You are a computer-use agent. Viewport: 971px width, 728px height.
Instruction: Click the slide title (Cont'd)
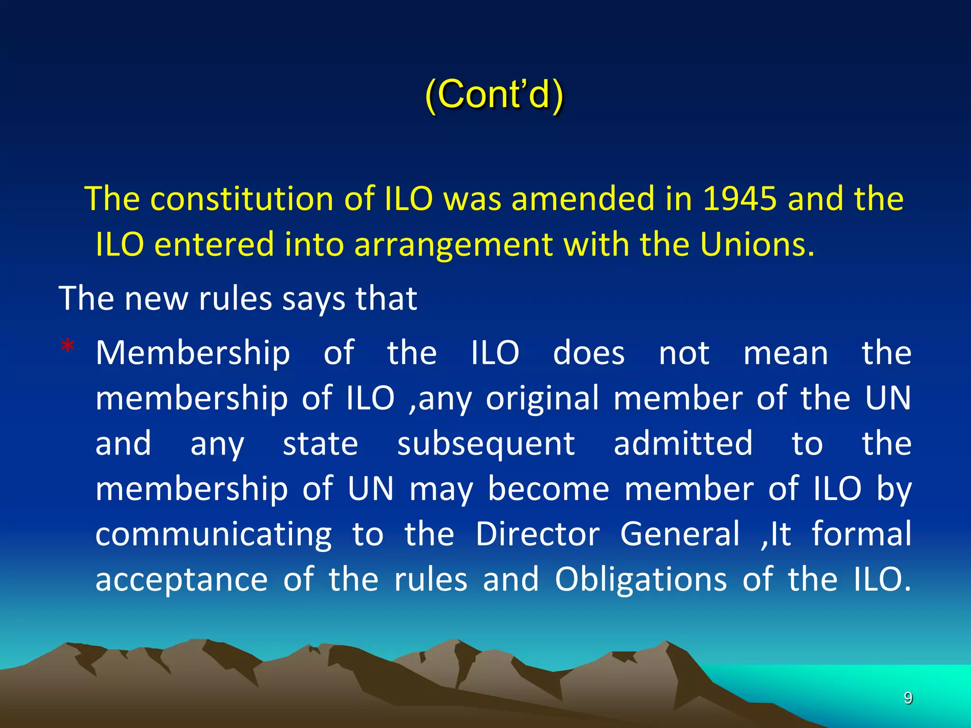click(494, 95)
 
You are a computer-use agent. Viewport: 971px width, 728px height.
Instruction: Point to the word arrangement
click(453, 245)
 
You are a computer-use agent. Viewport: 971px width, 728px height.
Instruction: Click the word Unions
click(757, 245)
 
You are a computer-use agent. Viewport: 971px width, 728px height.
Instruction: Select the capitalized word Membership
click(193, 353)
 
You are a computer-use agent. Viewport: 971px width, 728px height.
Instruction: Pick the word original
click(542, 398)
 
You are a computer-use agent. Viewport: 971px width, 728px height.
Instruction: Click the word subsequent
click(486, 444)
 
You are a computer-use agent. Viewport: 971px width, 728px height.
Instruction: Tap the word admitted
click(683, 444)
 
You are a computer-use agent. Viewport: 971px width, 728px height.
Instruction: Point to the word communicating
click(214, 534)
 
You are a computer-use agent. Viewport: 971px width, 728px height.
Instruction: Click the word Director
click(538, 534)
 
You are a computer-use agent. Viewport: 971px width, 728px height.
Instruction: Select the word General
click(680, 534)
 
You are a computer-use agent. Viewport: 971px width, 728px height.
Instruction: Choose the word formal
click(861, 534)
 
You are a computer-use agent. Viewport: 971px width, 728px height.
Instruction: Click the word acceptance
click(182, 580)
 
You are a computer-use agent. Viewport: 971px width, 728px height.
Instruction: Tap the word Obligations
click(641, 580)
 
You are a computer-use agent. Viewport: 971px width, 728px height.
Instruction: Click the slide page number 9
click(908, 698)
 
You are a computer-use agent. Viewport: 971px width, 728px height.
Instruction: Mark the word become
click(549, 489)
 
